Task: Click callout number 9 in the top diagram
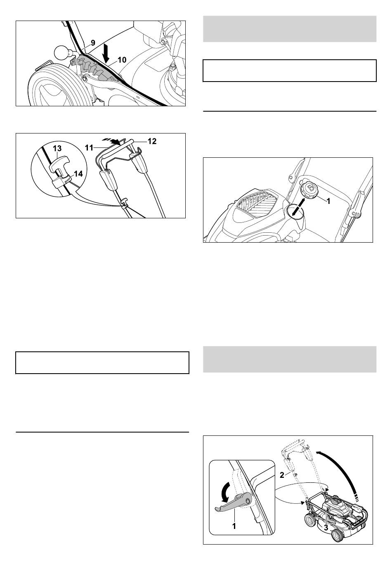point(93,43)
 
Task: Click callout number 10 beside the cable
point(122,60)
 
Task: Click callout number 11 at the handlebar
point(89,147)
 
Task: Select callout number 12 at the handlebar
point(152,141)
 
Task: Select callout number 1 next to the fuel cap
point(328,201)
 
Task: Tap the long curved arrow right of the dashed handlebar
point(342,468)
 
